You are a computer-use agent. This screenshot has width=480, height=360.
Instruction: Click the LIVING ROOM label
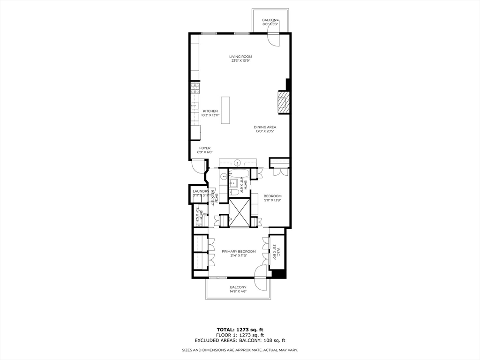tap(240, 57)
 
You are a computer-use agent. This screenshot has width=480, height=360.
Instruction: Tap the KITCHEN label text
tap(210, 111)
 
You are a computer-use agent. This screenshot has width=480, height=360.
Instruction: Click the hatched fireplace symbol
tap(283, 102)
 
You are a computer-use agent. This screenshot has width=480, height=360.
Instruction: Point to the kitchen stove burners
tap(195, 88)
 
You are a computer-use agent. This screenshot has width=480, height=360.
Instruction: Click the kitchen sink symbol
tap(195, 105)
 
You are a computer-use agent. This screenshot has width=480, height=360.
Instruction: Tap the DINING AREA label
tap(265, 127)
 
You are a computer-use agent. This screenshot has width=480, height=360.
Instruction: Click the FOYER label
tap(204, 148)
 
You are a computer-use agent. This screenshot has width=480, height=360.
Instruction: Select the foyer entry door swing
tap(198, 165)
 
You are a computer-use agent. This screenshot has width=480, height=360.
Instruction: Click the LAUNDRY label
tap(200, 191)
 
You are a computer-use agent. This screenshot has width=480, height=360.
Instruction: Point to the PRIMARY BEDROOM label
tap(239, 251)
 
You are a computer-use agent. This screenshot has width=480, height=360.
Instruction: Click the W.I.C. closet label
tap(278, 252)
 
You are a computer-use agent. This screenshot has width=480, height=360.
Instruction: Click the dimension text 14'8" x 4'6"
tap(238, 291)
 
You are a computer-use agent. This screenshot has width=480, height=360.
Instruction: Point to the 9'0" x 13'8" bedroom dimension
tap(272, 200)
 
